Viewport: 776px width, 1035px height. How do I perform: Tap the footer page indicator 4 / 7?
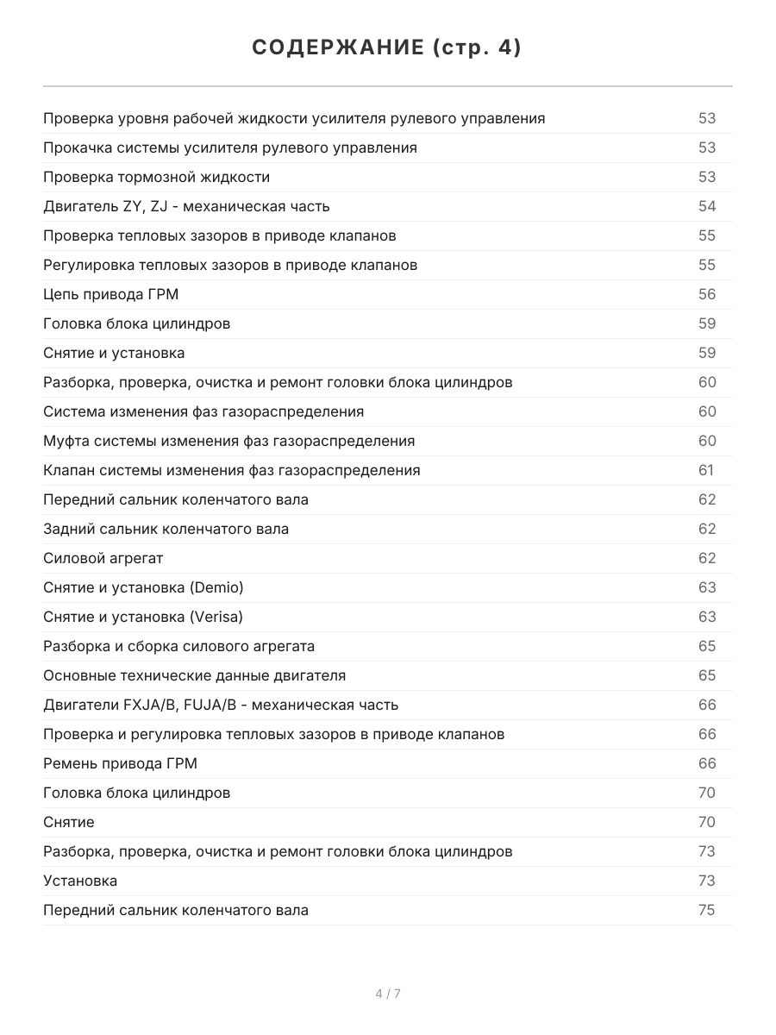[388, 994]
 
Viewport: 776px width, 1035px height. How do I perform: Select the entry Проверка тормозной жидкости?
[156, 177]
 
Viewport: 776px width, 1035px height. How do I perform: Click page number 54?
[707, 206]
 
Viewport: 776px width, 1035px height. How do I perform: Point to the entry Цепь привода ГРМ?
[110, 294]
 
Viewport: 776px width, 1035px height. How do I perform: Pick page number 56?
[707, 294]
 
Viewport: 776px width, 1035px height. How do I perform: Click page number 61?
[706, 470]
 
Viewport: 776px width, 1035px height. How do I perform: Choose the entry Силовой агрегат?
[103, 558]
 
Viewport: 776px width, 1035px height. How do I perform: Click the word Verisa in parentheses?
[217, 617]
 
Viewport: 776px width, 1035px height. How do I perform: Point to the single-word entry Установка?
[80, 881]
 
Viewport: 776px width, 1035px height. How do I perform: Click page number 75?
[707, 910]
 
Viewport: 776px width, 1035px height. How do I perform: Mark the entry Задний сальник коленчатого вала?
[166, 529]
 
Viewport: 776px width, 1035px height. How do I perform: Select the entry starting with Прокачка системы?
[229, 147]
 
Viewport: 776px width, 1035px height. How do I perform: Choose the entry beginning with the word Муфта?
[228, 441]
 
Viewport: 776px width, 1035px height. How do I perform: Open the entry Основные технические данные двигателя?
[194, 675]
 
